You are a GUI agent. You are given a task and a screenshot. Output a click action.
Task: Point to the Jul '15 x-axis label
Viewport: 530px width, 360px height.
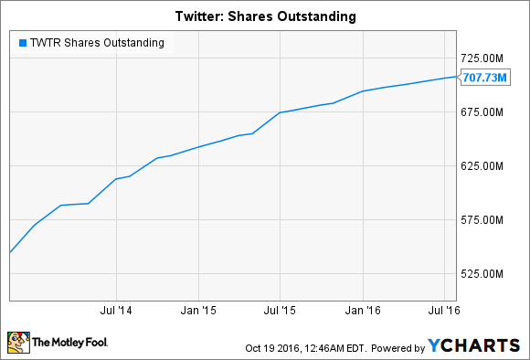coord(281,311)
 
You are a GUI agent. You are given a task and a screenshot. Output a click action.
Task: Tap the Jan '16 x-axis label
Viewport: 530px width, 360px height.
coord(364,311)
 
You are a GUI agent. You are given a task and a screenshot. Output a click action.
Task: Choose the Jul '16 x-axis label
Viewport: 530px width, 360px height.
coord(444,311)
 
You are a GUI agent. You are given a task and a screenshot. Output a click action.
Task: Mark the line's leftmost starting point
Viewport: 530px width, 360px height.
coord(9,252)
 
